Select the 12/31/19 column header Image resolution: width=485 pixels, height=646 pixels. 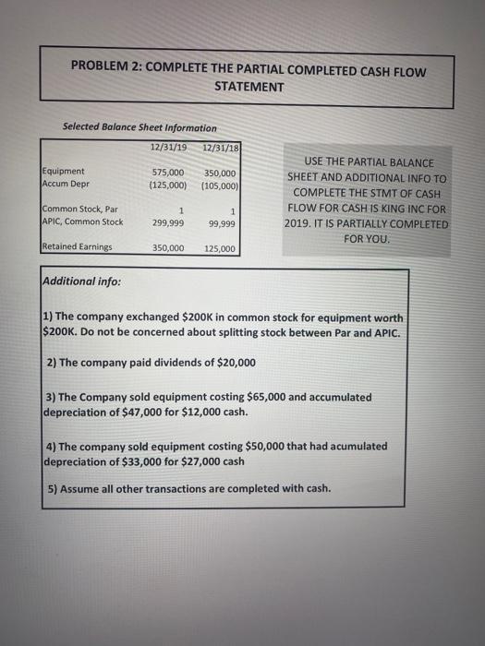[x=168, y=147]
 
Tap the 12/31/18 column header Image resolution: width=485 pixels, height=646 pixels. [x=220, y=147]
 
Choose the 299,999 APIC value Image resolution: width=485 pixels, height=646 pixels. [x=169, y=222]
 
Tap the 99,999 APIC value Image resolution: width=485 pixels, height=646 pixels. [x=223, y=222]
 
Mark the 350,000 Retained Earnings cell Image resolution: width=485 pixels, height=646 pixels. [x=169, y=248]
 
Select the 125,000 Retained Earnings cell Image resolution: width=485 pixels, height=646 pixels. [x=221, y=248]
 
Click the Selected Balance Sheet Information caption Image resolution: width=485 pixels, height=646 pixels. [x=139, y=127]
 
